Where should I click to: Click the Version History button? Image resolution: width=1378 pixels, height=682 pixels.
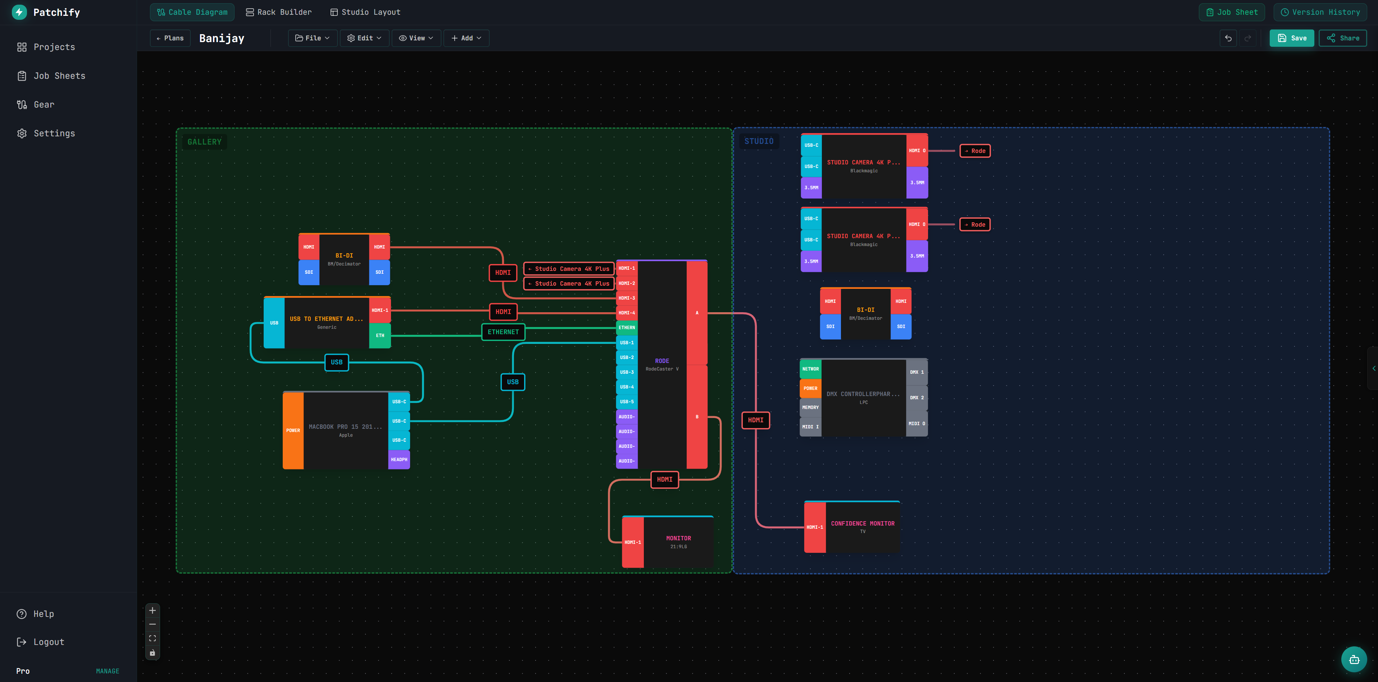[1320, 12]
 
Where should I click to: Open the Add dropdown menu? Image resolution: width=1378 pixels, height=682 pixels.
[466, 38]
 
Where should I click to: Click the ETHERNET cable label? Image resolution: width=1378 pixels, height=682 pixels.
[503, 332]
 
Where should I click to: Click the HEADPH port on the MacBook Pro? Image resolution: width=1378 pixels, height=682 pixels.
[399, 459]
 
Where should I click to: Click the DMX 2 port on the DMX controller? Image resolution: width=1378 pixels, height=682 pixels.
[917, 398]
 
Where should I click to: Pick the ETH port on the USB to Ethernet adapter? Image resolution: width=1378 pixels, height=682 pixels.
[380, 335]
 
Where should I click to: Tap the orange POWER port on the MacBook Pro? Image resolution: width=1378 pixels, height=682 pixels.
[292, 431]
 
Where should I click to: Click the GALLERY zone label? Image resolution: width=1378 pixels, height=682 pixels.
[204, 142]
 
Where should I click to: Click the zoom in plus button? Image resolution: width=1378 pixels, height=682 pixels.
[153, 610]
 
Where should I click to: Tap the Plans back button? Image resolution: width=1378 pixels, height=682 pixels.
[170, 38]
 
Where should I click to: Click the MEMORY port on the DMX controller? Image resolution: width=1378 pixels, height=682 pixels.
[810, 408]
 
